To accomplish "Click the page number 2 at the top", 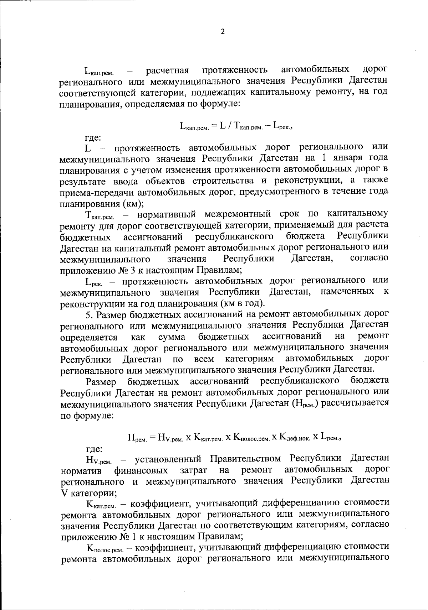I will (x=223, y=32).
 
